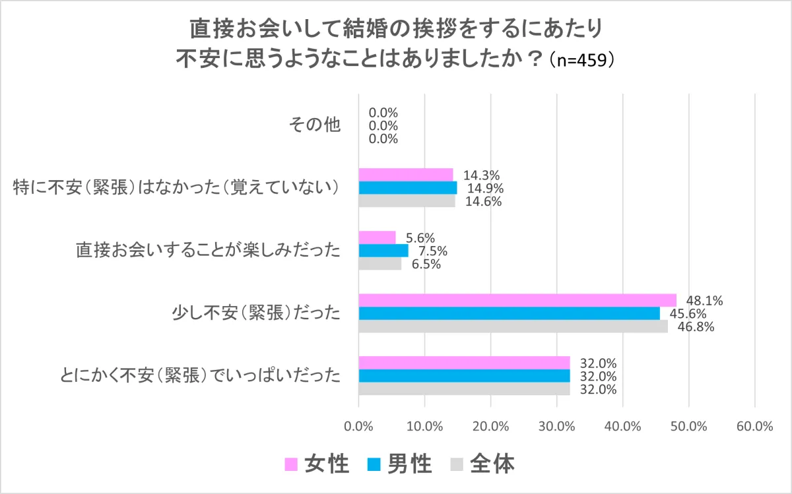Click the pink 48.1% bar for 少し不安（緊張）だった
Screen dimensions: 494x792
point(517,300)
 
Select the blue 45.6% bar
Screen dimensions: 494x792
point(509,313)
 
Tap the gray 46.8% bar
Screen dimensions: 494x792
point(513,326)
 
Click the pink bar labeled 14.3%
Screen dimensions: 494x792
point(406,175)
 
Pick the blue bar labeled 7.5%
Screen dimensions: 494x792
point(383,251)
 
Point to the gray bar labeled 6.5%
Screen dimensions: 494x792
point(380,264)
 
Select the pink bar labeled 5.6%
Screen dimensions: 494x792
point(377,237)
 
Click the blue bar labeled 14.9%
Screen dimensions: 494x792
point(408,188)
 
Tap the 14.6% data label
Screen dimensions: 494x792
point(482,202)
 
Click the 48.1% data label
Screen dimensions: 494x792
point(704,301)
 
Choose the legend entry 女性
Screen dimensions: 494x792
point(317,464)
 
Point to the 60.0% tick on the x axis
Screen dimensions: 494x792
point(754,426)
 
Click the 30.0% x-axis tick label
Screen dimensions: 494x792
point(556,426)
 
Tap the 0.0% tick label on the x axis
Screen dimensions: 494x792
point(358,426)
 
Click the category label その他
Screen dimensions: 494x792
point(315,125)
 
